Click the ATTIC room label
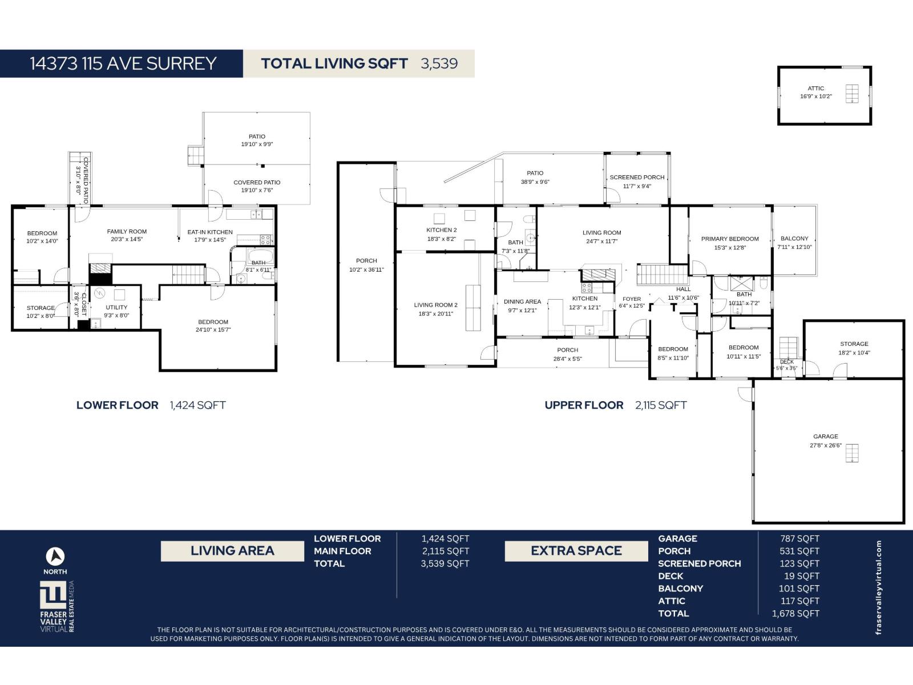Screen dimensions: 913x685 point(815,88)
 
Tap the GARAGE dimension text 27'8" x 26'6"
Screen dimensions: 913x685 point(826,445)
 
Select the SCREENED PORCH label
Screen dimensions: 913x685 point(637,178)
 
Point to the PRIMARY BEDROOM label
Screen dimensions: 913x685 point(730,239)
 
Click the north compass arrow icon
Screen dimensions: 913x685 point(55,557)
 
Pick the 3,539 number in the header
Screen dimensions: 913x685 point(439,63)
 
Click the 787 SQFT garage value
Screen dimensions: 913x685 point(799,539)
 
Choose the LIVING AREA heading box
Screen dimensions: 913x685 point(232,551)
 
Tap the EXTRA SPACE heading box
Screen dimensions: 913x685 point(576,551)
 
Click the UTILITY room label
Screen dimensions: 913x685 point(116,307)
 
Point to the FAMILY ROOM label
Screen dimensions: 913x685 point(127,232)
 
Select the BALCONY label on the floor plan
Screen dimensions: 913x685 point(794,239)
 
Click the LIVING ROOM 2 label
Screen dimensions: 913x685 point(435,305)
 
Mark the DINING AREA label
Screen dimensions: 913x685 point(523,301)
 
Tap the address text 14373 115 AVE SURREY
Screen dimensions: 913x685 point(123,63)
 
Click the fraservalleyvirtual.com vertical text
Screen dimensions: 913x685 point(879,587)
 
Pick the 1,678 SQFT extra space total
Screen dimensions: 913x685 point(795,614)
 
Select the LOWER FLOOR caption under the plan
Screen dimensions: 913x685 point(118,405)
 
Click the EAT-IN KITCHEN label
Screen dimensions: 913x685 point(210,232)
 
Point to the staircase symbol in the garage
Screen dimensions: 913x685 point(852,453)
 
